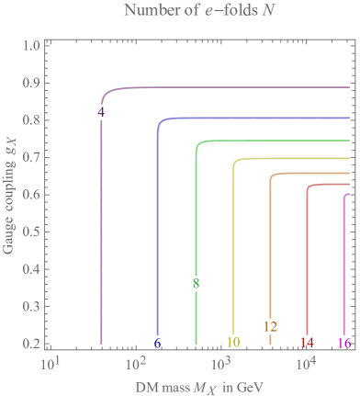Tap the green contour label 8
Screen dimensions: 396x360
196,284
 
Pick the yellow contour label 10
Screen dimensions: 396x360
233,343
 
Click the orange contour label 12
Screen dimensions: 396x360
270,326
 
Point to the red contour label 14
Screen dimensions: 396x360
307,343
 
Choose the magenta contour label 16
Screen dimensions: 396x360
344,343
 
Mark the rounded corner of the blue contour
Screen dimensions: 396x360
161,122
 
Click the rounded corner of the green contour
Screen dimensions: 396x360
199,145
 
